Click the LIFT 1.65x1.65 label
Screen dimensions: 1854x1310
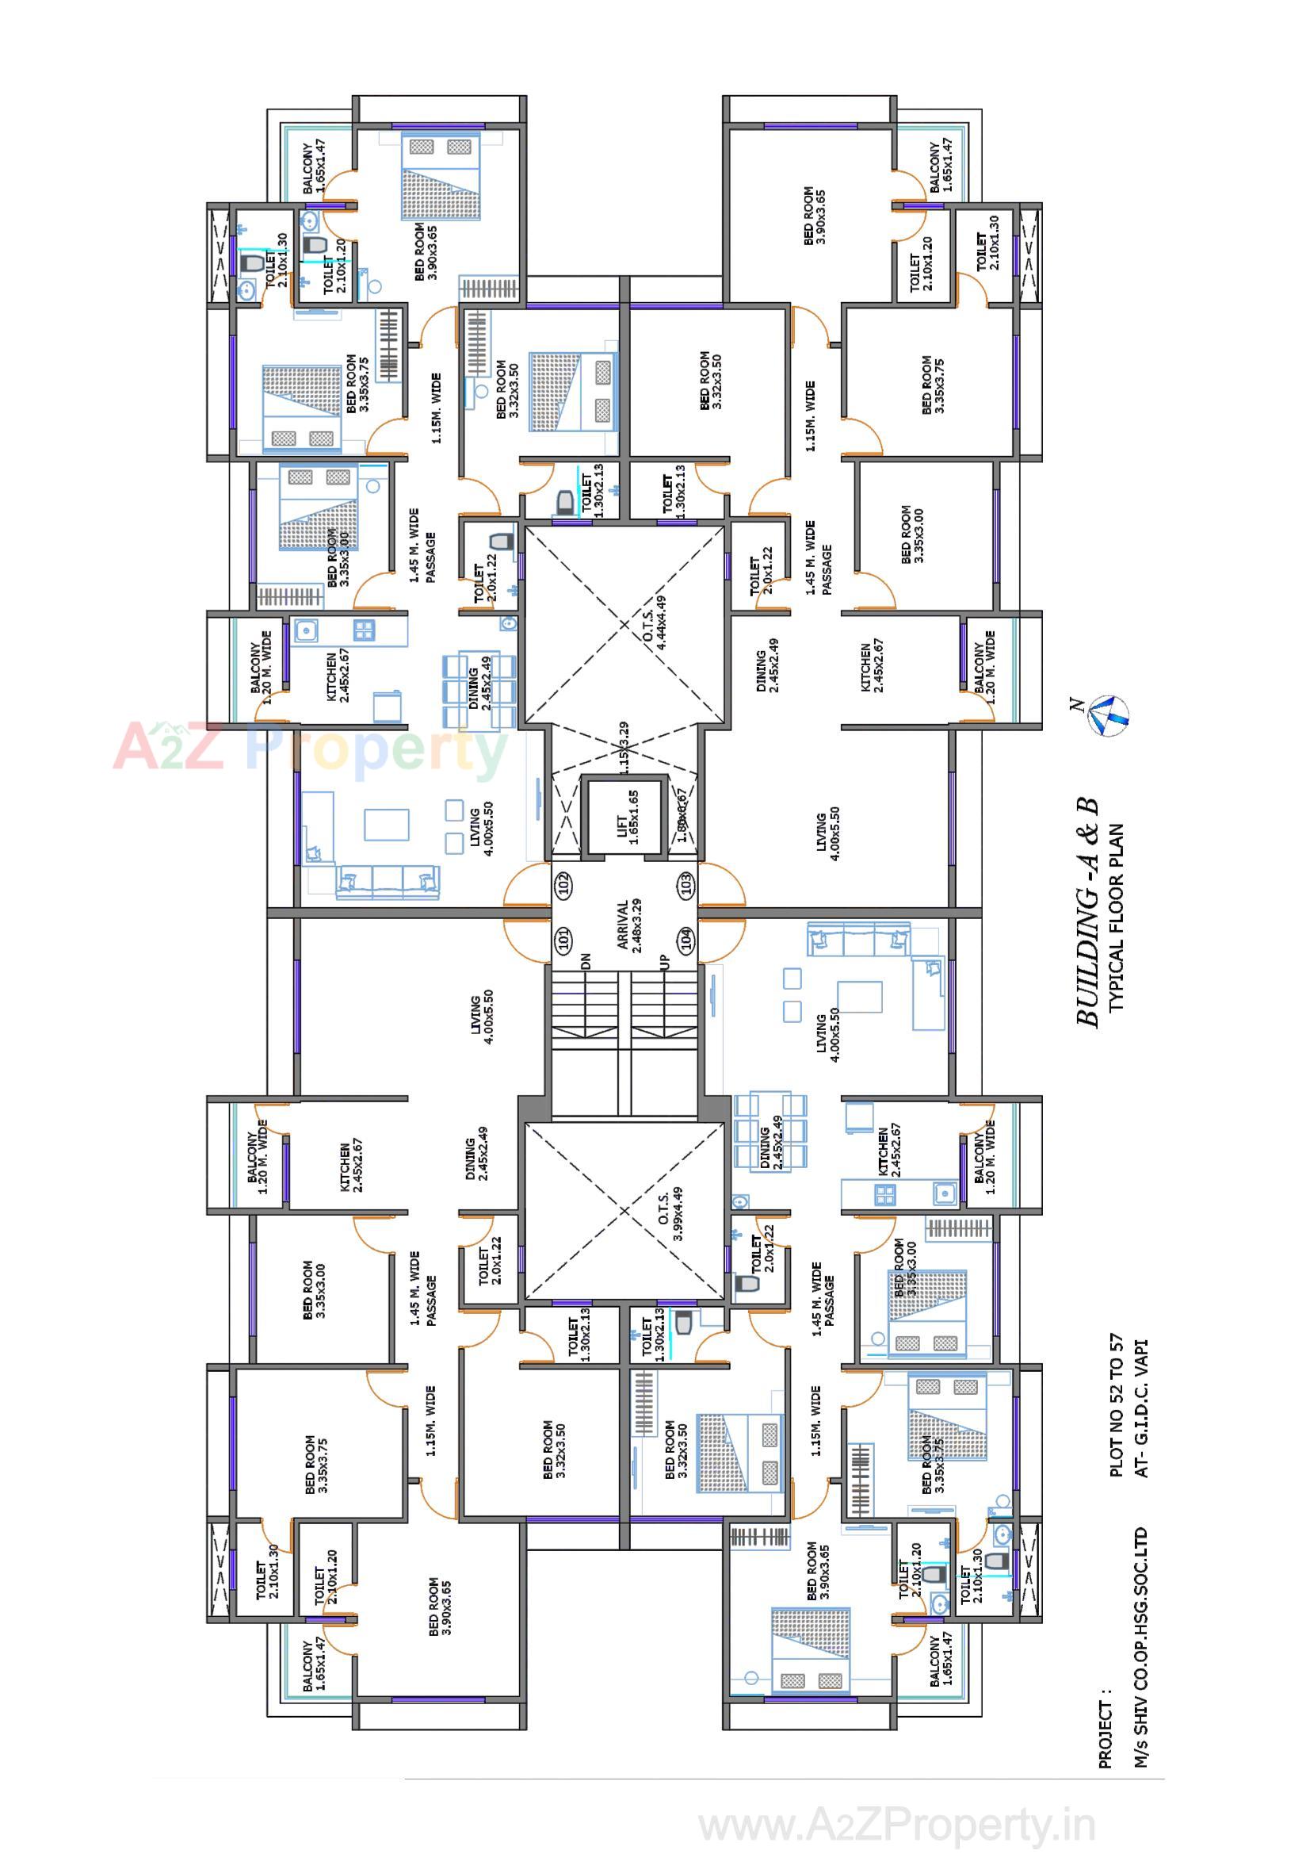(x=627, y=818)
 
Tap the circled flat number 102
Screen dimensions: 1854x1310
(x=564, y=883)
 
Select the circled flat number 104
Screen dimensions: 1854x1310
(x=686, y=939)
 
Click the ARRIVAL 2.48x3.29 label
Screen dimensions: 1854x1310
(x=628, y=926)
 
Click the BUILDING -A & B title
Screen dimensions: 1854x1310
(x=1088, y=912)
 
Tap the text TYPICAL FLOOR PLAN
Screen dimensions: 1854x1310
(x=1117, y=917)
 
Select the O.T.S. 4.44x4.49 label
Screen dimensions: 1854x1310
(x=655, y=622)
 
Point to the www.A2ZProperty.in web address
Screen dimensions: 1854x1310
(x=896, y=1824)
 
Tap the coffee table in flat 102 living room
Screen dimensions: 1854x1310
(x=387, y=825)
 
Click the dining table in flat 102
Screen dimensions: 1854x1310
(x=479, y=691)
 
